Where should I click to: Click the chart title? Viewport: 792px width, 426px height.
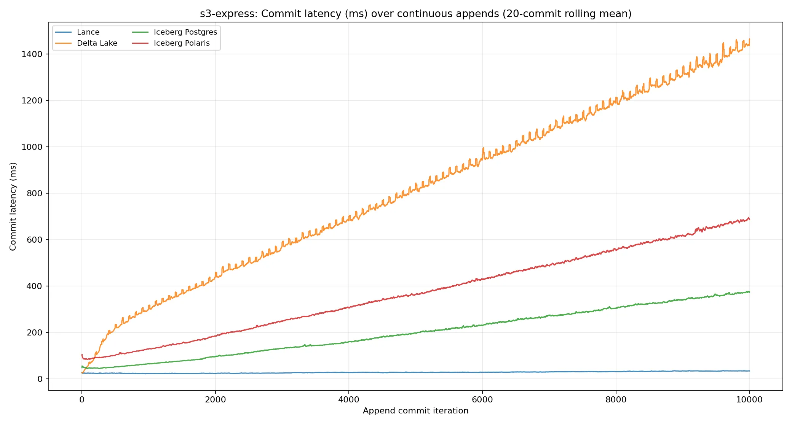(415, 14)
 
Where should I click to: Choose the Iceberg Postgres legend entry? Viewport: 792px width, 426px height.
(175, 32)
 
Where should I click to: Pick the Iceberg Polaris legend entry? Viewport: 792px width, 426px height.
(171, 43)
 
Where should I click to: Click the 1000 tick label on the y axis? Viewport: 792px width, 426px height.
(32, 147)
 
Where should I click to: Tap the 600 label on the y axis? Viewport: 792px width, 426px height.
(35, 240)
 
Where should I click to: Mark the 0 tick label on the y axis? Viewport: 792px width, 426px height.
(40, 379)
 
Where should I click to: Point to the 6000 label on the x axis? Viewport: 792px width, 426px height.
(482, 399)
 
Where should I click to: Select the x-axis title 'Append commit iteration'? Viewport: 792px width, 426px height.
(415, 411)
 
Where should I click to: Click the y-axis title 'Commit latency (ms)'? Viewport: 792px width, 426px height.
(13, 207)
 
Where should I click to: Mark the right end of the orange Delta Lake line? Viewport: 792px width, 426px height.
(749, 39)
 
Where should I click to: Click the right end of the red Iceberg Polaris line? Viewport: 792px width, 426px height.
(749, 219)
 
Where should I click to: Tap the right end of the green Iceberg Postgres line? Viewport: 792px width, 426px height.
(749, 292)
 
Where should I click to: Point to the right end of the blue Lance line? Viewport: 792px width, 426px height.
(749, 371)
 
